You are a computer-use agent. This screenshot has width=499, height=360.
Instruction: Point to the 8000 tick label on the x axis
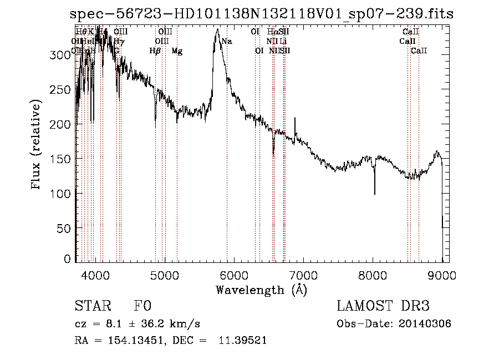pyautogui.click(x=373, y=275)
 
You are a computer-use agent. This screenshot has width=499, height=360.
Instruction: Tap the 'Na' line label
pyautogui.click(x=227, y=42)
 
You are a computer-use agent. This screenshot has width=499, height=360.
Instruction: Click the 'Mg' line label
pyautogui.click(x=177, y=51)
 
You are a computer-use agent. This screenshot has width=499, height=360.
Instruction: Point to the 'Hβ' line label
pyautogui.click(x=155, y=51)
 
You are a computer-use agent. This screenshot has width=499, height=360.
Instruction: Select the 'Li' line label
pyautogui.click(x=283, y=42)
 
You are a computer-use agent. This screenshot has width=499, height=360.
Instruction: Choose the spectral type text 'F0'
pyautogui.click(x=142, y=307)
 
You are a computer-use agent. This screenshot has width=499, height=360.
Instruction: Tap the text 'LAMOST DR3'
pyautogui.click(x=383, y=307)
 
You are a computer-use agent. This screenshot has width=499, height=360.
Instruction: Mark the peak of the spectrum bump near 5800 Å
pyautogui.click(x=218, y=30)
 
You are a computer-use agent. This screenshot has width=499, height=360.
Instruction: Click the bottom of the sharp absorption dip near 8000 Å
pyautogui.click(x=374, y=194)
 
